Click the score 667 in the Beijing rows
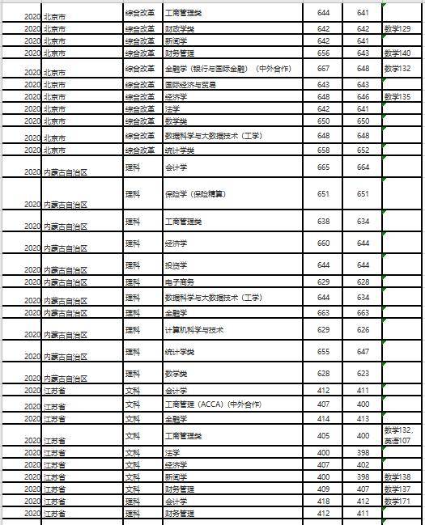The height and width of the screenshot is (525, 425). pyautogui.click(x=324, y=69)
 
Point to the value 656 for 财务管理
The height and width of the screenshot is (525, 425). pyautogui.click(x=324, y=53)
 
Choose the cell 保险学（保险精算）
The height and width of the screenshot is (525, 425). pyautogui.click(x=194, y=194)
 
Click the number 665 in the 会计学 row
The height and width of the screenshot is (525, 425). pyautogui.click(x=324, y=167)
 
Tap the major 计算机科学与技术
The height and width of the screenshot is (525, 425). pyautogui.click(x=194, y=330)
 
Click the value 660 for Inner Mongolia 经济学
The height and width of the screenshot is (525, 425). pyautogui.click(x=324, y=243)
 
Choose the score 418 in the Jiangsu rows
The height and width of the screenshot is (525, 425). pyautogui.click(x=324, y=502)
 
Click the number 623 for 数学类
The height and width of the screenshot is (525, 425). pyautogui.click(x=363, y=374)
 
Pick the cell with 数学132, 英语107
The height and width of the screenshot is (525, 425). pyautogui.click(x=402, y=434)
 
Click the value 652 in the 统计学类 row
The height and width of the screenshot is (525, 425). pyautogui.click(x=363, y=150)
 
